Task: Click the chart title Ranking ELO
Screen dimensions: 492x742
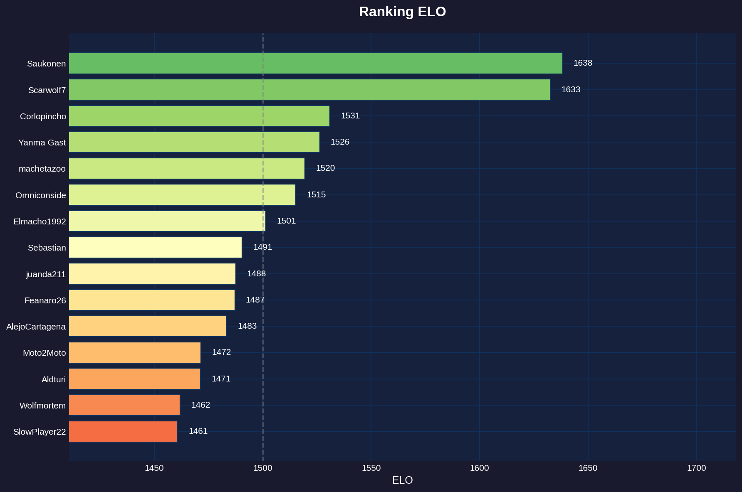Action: [402, 12]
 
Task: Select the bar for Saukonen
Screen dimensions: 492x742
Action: [315, 63]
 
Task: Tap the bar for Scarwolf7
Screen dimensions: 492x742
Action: [309, 89]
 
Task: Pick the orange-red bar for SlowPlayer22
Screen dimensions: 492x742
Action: [123, 431]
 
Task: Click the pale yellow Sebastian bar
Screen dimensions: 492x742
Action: [155, 247]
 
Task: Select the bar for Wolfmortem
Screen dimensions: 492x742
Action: [124, 405]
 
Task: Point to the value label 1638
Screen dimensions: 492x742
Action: [583, 63]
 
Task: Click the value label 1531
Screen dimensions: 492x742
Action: [350, 116]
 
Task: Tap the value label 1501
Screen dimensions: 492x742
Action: [286, 221]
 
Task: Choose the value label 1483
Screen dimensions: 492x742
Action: [247, 326]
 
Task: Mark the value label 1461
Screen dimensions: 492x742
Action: [198, 431]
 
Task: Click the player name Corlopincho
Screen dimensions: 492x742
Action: [43, 116]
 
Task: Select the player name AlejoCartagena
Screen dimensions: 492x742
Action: [36, 327]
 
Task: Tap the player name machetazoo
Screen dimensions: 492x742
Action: [42, 169]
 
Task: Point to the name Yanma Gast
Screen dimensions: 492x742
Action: [42, 143]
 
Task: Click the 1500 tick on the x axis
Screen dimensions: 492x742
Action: [262, 468]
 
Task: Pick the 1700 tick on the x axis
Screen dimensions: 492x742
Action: [696, 468]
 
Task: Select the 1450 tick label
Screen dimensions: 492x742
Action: [154, 468]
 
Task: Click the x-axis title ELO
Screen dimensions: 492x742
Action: [402, 480]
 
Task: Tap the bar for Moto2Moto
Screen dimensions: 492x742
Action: [135, 352]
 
